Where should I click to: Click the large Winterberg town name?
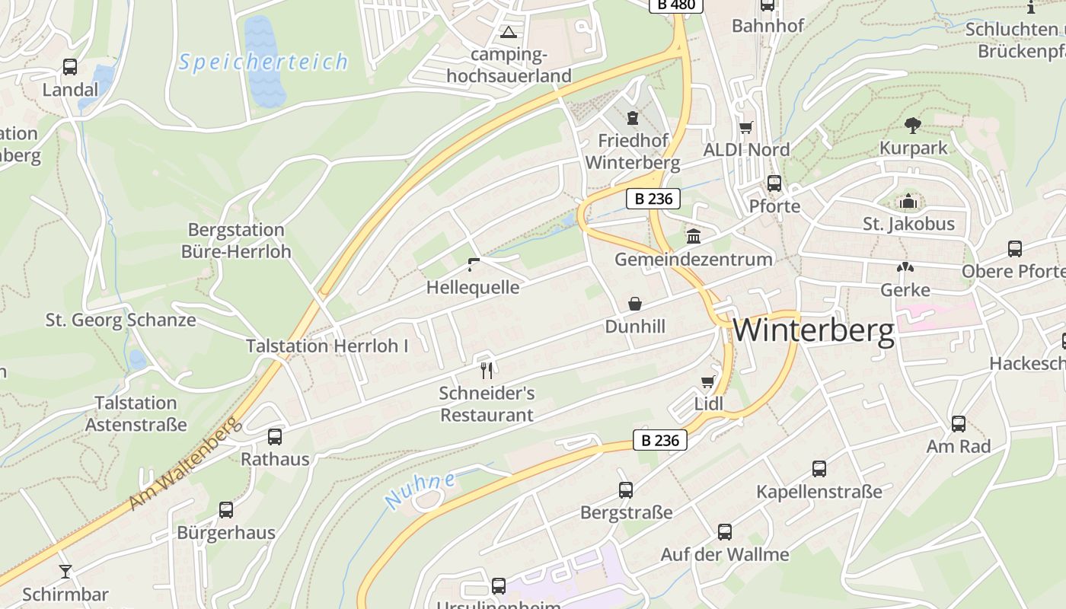(x=813, y=331)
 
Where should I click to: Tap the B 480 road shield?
(x=675, y=5)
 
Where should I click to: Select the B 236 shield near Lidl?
(x=659, y=440)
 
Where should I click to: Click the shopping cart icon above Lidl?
(x=708, y=381)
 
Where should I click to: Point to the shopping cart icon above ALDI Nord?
(x=745, y=127)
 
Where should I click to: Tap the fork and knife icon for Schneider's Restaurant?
(x=487, y=371)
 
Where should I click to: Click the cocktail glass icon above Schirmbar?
(x=65, y=571)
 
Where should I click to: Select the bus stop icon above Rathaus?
(x=275, y=437)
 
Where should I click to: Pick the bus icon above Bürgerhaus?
(x=226, y=510)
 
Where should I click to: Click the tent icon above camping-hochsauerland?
(x=508, y=32)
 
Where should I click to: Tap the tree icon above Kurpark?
(x=912, y=125)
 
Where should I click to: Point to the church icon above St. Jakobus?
(x=908, y=202)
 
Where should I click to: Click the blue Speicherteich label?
(x=263, y=62)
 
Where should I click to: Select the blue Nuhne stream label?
(x=420, y=490)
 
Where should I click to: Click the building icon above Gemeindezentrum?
(x=693, y=237)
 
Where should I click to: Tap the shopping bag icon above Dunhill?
(x=634, y=304)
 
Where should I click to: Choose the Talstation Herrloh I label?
(x=327, y=346)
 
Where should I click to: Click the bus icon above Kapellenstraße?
(x=819, y=469)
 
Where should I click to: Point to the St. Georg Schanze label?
(x=120, y=320)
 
